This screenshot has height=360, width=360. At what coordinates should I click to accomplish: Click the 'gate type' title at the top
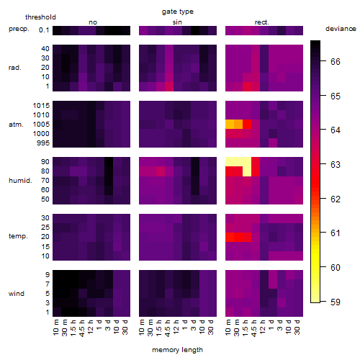coord(178,12)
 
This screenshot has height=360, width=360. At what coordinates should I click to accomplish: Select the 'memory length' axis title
coord(177,350)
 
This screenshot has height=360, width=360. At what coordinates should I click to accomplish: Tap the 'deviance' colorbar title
coord(341,29)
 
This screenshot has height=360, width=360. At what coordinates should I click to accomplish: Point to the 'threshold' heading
coord(40,17)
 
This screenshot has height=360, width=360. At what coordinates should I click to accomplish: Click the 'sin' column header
coord(177,22)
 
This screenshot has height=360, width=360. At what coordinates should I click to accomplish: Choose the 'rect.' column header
coord(261,22)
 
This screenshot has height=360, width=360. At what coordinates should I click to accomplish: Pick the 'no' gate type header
coord(93,22)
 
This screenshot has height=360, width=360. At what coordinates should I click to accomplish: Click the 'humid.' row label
coord(20,181)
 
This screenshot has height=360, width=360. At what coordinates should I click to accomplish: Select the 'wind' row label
coord(17,294)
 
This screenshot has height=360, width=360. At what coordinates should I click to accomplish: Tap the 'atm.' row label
coord(16,125)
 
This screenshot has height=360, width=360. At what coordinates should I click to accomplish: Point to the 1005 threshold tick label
coord(41,125)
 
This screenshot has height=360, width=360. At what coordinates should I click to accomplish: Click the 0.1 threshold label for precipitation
coord(44,30)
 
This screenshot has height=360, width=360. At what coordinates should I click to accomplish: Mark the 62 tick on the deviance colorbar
coord(336,199)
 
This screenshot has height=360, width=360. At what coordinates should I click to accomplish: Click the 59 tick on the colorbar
coord(336,302)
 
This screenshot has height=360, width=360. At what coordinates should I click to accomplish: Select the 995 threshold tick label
coord(43,143)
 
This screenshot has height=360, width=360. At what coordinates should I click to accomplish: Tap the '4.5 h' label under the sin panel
coord(168,328)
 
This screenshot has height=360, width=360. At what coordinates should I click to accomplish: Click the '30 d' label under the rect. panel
coord(297,327)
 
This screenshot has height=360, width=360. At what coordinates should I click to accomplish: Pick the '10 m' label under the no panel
coord(55,328)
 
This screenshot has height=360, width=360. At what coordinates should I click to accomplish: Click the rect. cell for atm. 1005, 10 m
coord(230,124)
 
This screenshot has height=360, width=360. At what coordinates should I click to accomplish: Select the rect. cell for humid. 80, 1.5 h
coord(247,171)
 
